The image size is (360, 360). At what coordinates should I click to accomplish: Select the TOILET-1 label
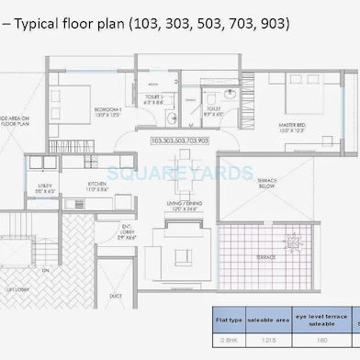click(155, 97)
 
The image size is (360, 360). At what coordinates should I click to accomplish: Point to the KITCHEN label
click(98, 185)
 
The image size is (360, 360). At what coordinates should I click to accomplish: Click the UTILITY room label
click(45, 187)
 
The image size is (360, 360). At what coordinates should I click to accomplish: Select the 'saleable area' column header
click(271, 320)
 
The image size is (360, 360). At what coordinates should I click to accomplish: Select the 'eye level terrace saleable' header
click(321, 320)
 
